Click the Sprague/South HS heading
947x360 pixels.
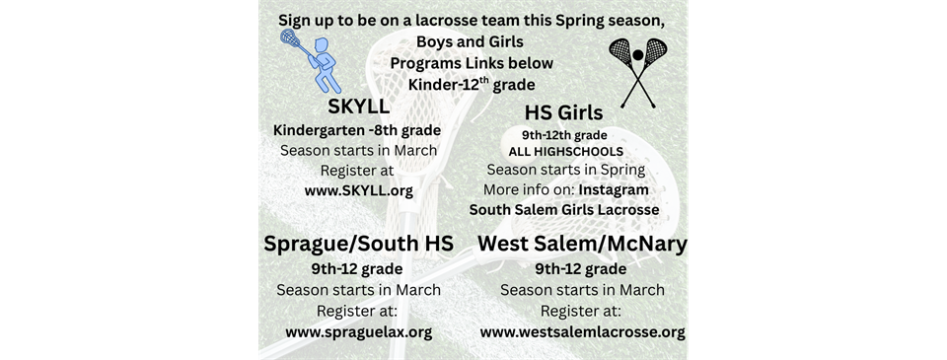pyautogui.click(x=359, y=243)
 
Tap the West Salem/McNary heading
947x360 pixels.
pyautogui.click(x=582, y=243)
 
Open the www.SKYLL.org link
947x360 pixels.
pyautogui.click(x=358, y=189)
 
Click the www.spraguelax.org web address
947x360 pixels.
pyautogui.click(x=358, y=331)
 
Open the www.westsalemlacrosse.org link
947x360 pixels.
pyautogui.click(x=582, y=331)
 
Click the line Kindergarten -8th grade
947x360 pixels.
pyautogui.click(x=356, y=130)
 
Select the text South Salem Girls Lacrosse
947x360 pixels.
pyautogui.click(x=563, y=209)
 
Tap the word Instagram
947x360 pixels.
pyautogui.click(x=614, y=188)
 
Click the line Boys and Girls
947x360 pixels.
pyautogui.click(x=470, y=41)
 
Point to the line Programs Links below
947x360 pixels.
pyautogui.click(x=471, y=62)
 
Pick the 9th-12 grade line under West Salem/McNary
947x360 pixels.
pyautogui.click(x=581, y=268)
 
